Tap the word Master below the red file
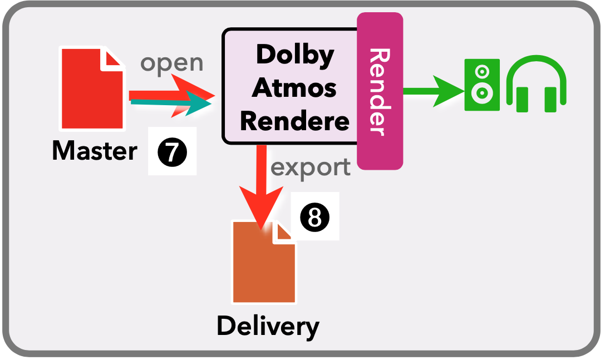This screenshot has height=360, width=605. click(94, 150)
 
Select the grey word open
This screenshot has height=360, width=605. click(171, 63)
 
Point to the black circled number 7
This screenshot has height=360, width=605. click(172, 151)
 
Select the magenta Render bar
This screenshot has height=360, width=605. click(380, 92)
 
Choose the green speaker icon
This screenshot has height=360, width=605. click(482, 85)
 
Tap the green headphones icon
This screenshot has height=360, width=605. click(536, 85)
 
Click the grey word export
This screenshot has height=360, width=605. click(311, 166)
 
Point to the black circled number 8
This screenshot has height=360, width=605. click(315, 217)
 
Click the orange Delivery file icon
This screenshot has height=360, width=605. click(264, 264)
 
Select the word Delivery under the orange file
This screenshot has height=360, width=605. click(268, 326)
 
